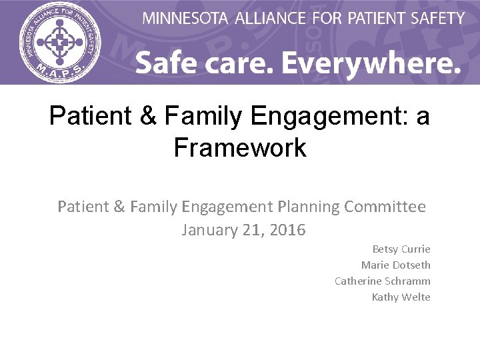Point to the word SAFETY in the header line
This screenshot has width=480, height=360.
(x=437, y=18)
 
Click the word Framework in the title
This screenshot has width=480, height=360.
(x=240, y=147)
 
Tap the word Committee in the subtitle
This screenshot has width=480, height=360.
(x=385, y=207)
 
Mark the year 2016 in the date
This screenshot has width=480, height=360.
(x=287, y=231)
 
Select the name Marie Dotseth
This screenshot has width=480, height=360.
(x=396, y=265)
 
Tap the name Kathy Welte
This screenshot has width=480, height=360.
(x=401, y=297)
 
